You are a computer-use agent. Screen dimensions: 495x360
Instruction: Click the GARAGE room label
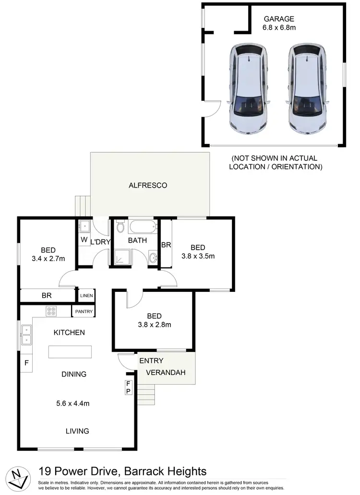point(278,19)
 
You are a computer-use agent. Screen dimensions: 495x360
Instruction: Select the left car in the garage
point(248,91)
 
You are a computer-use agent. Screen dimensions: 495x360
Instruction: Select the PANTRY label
point(83,312)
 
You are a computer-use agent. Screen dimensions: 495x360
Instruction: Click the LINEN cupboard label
point(86,296)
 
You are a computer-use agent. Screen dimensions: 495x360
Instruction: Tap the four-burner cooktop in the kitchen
point(51,311)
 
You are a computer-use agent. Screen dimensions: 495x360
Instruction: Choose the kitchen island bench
point(70,351)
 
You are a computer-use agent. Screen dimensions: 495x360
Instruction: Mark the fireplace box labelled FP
point(128,387)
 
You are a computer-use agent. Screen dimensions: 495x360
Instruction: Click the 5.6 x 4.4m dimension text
point(73,403)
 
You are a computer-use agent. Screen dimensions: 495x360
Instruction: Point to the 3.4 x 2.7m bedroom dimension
point(48,259)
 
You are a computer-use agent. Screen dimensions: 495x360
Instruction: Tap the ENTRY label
point(151,361)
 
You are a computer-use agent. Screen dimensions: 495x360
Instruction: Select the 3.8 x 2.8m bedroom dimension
point(155,325)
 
